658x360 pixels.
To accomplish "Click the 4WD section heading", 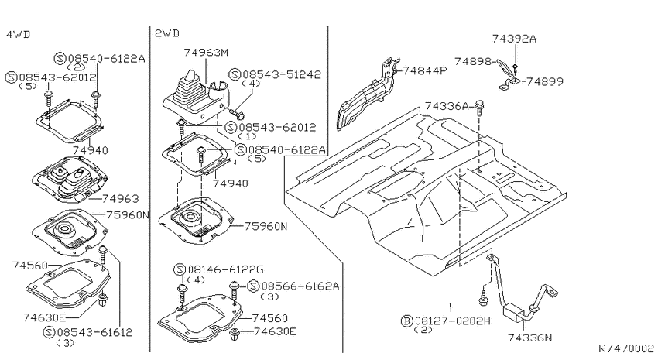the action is [x=18, y=34].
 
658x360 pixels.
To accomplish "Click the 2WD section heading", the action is [x=167, y=33].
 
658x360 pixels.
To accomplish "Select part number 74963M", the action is [x=206, y=53].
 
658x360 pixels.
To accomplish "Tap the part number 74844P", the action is [x=425, y=70].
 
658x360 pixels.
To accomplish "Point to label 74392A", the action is [x=515, y=39].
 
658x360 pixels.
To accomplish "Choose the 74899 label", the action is [x=545, y=81].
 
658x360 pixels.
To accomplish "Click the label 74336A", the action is [x=447, y=106].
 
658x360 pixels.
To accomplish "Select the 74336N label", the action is [x=530, y=338].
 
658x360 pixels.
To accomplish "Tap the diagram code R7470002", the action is [x=626, y=348].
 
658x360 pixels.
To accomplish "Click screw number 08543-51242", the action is [x=282, y=74].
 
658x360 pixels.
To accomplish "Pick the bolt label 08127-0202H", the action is [x=452, y=321].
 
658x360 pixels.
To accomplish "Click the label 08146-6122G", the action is [x=225, y=269].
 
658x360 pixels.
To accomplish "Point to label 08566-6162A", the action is [x=300, y=286].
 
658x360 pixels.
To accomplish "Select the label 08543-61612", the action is [x=94, y=332].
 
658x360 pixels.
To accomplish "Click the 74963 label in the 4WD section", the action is [x=121, y=198].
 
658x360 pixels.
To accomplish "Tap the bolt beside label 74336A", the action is [x=480, y=108].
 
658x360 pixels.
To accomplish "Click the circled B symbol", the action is [x=406, y=321].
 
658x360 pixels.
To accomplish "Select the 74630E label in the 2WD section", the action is [x=275, y=331].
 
